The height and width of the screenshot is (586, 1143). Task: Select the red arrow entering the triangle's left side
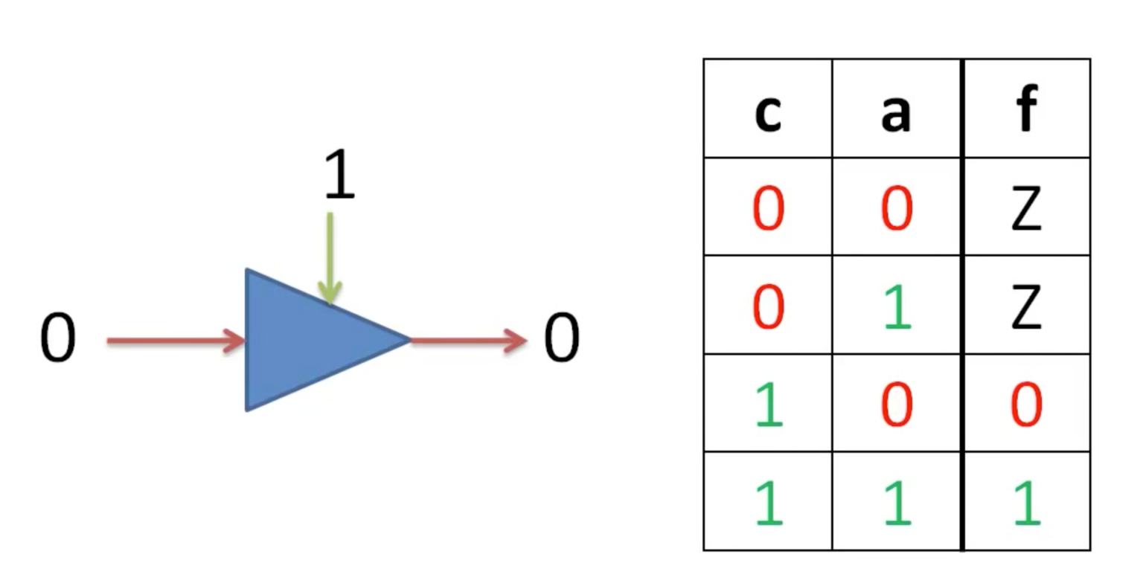pyautogui.click(x=176, y=341)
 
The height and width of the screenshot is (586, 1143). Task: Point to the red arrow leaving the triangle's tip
pyautogui.click(x=469, y=341)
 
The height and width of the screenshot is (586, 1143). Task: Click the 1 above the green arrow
pyautogui.click(x=339, y=176)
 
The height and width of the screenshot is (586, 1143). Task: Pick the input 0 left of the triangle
pyautogui.click(x=58, y=338)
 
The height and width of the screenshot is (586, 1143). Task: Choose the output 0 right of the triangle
pyautogui.click(x=562, y=338)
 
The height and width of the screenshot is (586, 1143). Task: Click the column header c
pyautogui.click(x=768, y=112)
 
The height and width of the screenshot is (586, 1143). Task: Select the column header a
pyautogui.click(x=896, y=112)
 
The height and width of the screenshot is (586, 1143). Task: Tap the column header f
pyautogui.click(x=1026, y=109)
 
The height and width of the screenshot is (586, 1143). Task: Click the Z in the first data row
pyautogui.click(x=1026, y=208)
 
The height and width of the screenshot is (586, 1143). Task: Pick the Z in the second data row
pyautogui.click(x=1026, y=306)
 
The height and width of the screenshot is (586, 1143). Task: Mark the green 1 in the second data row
pyautogui.click(x=897, y=306)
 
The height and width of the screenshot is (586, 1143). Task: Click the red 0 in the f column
pyautogui.click(x=1026, y=405)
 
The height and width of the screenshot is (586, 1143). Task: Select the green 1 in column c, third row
pyautogui.click(x=769, y=405)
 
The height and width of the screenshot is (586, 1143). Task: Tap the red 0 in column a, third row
pyautogui.click(x=897, y=405)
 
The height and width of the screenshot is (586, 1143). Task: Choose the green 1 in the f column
pyautogui.click(x=1027, y=503)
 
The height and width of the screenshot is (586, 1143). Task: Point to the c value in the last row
pyautogui.click(x=769, y=503)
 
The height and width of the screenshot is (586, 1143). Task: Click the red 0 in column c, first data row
pyautogui.click(x=769, y=208)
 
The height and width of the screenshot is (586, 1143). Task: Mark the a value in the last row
pyautogui.click(x=897, y=503)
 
